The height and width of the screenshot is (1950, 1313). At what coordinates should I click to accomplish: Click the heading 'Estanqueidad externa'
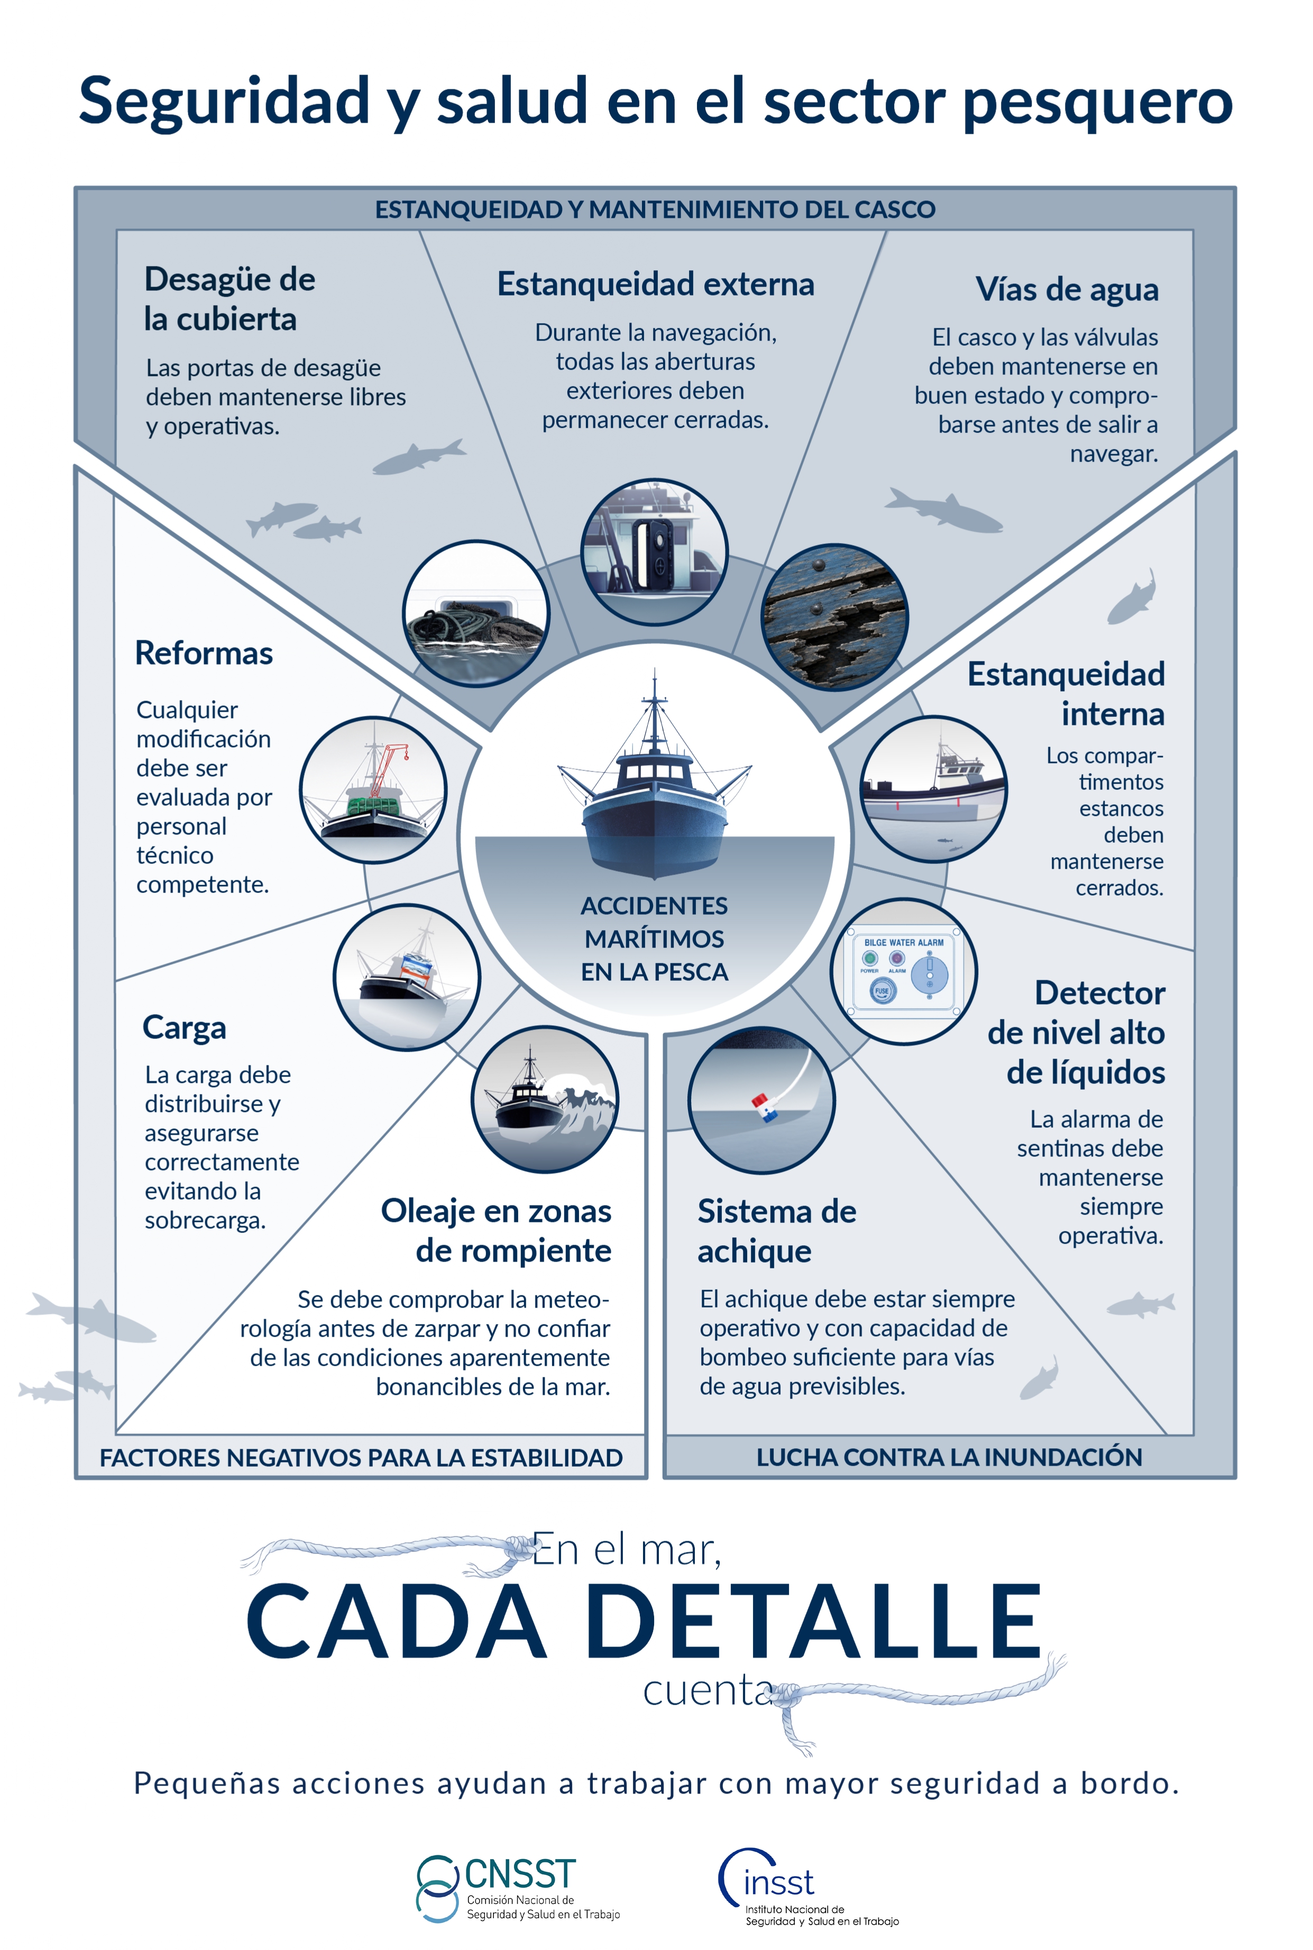pos(656,284)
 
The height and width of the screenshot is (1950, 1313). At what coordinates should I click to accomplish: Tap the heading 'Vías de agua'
pos(1067,290)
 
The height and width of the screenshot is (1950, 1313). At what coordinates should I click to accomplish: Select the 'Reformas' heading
pos(204,653)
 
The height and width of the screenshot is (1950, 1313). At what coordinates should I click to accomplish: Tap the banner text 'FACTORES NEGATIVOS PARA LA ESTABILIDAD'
pos(361,1458)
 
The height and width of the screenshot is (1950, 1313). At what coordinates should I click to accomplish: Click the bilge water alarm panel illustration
pos(904,972)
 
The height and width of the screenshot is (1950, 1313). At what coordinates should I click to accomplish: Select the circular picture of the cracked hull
pos(834,618)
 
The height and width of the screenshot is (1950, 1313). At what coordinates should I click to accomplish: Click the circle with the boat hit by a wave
pos(545,1099)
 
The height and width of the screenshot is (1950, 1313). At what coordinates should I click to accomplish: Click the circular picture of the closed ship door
pos(655,552)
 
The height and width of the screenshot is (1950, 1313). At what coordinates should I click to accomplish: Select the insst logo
pos(808,1887)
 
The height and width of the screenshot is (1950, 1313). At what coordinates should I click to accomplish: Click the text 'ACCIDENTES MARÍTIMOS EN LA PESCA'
pos(655,939)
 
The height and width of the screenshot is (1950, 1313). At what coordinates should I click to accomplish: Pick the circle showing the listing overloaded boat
pos(407,977)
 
